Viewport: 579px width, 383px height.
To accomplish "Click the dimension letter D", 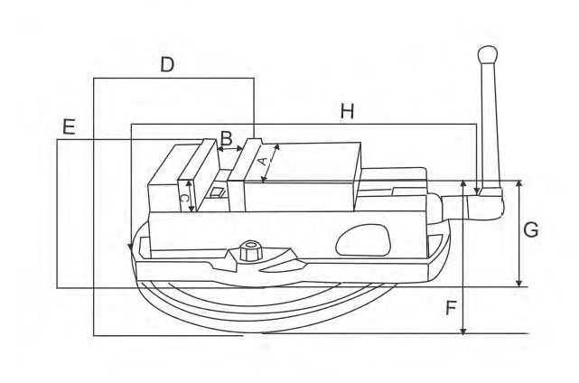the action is [x=167, y=65].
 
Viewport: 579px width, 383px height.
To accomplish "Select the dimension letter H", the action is [x=347, y=111].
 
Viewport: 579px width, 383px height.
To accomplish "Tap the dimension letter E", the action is [x=69, y=127].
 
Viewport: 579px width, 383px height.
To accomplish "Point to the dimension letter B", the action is [x=226, y=139].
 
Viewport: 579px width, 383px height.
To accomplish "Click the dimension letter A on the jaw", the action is [x=263, y=162].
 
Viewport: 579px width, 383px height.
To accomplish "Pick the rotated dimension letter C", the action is [x=184, y=198].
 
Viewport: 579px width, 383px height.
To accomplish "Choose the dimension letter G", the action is [x=531, y=230].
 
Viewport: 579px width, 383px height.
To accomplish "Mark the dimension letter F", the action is [x=452, y=308].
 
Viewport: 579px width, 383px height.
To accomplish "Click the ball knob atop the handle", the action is [x=488, y=55].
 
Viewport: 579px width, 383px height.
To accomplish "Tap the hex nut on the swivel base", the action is [x=251, y=251].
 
